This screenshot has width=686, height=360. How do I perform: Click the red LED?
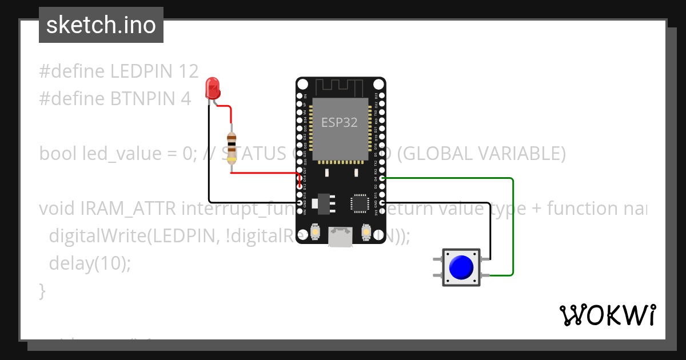coord(213,88)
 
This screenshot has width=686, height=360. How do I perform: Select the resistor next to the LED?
coord(232,148)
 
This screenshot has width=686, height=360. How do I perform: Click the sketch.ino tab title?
coord(101,25)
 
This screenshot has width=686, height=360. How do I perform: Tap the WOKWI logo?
coord(607,315)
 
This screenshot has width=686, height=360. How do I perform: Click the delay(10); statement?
coord(90,263)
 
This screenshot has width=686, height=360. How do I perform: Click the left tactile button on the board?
coord(315,233)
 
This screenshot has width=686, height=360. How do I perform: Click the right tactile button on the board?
coord(366,233)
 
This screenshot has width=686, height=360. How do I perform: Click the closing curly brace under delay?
coord(42,291)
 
